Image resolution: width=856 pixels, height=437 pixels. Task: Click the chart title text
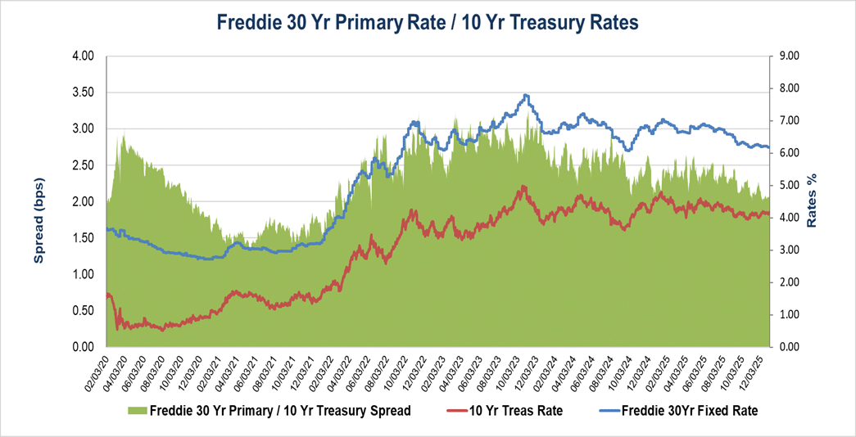[x=427, y=23]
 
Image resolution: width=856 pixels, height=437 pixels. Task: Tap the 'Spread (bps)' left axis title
[x=38, y=202]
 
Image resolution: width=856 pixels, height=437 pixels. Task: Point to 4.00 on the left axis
[x=83, y=56]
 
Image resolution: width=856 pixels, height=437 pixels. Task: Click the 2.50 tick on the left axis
[x=83, y=165]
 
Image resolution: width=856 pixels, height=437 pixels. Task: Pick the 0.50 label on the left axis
[x=83, y=310]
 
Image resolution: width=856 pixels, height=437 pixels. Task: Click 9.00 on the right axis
[x=788, y=56]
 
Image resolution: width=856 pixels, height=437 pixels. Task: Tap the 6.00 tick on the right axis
[x=788, y=153]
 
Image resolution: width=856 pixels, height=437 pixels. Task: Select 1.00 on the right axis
[x=788, y=314]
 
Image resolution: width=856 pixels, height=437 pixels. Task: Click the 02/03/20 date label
[x=97, y=373]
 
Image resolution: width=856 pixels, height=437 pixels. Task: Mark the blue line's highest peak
[x=526, y=95]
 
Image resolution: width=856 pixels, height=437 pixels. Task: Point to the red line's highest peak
[x=523, y=187]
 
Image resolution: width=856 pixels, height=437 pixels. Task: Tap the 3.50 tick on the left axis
[x=83, y=92]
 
